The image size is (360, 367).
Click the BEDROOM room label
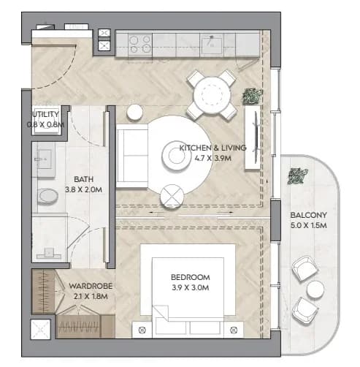191,277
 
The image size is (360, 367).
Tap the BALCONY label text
308,215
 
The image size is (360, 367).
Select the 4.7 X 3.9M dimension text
212,159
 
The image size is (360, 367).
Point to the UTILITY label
46,114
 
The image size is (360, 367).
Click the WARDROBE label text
91,286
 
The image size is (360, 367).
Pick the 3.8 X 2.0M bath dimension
83,189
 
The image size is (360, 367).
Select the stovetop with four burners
140,44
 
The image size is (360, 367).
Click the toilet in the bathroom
47,196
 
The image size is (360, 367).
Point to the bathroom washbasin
45,159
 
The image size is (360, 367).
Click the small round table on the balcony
315,290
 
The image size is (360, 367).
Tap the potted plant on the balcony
297,176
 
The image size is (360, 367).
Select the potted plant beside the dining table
253,97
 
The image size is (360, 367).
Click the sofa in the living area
132,156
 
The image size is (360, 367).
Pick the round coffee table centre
177,156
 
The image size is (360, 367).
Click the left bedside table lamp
142,330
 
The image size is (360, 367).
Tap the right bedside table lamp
234,330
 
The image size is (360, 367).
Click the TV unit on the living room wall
253,137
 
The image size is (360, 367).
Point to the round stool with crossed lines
172,196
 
